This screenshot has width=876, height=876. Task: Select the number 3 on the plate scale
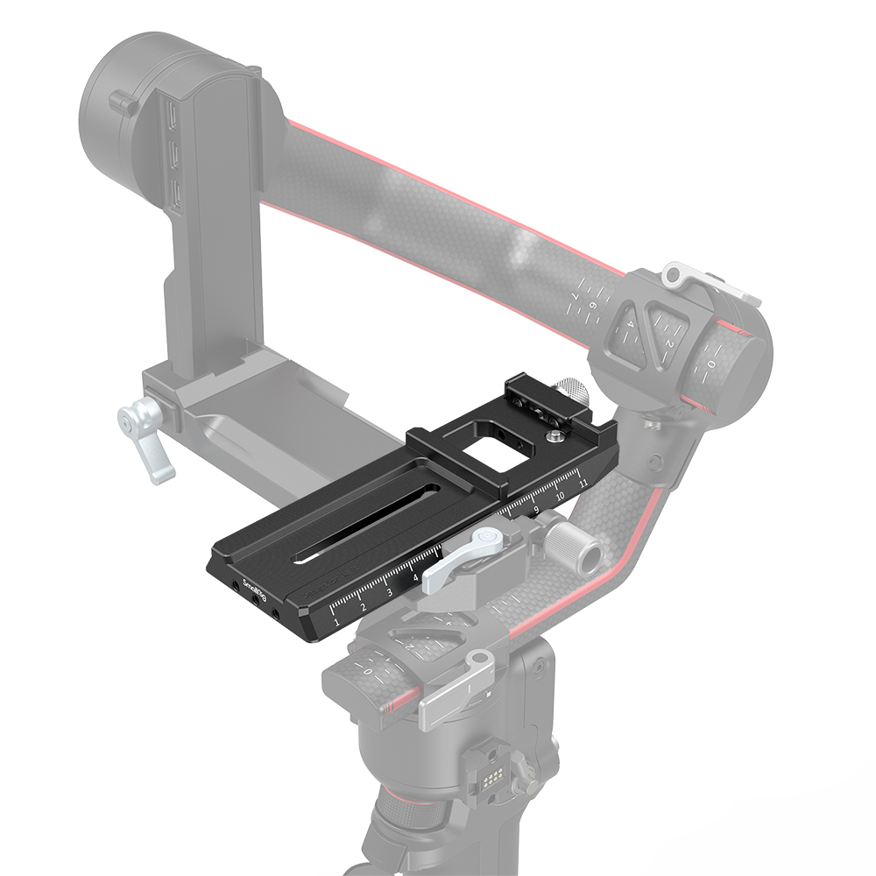click(x=390, y=593)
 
